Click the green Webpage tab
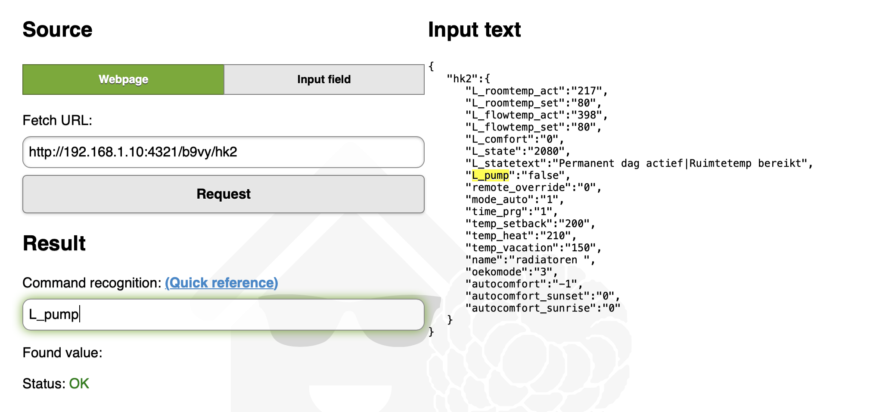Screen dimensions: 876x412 tap(123, 79)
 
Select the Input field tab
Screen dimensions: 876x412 tap(324, 79)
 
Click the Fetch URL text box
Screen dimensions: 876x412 tap(223, 152)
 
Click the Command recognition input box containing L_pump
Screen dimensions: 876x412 tap(223, 315)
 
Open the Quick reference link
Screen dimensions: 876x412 tap(221, 283)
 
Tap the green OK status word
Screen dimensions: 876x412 tap(79, 384)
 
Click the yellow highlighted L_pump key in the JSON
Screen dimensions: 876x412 tap(491, 175)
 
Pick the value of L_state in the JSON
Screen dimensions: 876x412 tap(549, 151)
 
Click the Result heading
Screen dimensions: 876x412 tap(54, 243)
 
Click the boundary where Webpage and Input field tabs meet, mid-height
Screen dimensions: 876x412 tap(224, 79)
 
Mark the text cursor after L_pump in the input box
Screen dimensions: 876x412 tap(80, 314)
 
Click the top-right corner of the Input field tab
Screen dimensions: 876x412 tap(424, 65)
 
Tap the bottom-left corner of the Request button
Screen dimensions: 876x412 tap(23, 213)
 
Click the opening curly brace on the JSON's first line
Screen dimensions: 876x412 tap(432, 66)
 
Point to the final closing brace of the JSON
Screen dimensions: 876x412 tap(432, 331)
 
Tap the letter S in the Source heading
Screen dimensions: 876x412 tap(30, 30)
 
